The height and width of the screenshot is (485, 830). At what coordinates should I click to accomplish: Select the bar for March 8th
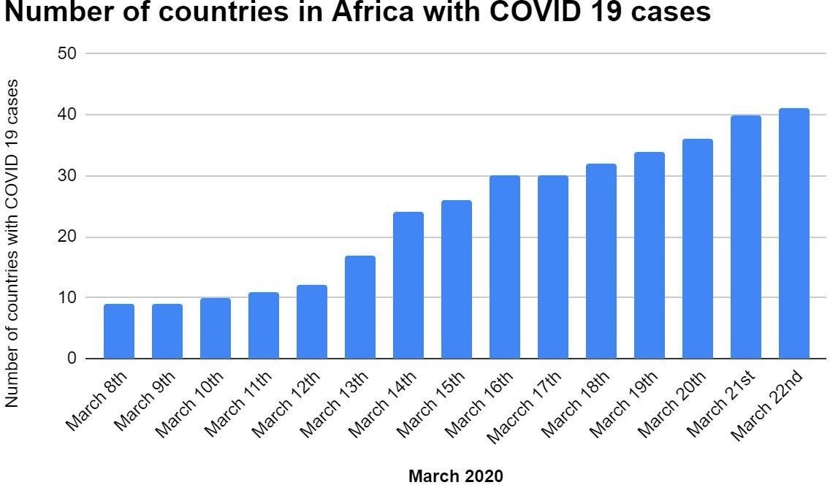[x=119, y=331]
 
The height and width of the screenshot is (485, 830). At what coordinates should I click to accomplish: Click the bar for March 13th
[x=360, y=307]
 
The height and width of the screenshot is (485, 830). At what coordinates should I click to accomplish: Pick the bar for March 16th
[x=505, y=267]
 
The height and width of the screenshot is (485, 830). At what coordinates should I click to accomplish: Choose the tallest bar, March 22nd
[x=794, y=234]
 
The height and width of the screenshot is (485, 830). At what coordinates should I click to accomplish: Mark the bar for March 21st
[x=746, y=237]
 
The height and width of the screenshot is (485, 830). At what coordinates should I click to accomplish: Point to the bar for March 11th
[x=264, y=325]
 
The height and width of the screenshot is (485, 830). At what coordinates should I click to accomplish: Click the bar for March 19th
[x=650, y=255]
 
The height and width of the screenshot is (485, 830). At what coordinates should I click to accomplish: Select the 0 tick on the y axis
[x=72, y=359]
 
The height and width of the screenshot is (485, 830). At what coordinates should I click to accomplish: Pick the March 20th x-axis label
[x=682, y=402]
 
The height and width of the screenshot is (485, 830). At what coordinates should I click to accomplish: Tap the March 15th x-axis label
[x=441, y=402]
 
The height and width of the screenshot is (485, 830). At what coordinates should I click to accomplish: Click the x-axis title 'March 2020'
[x=456, y=476]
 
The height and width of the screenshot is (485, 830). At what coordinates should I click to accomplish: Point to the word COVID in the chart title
[x=572, y=12]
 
